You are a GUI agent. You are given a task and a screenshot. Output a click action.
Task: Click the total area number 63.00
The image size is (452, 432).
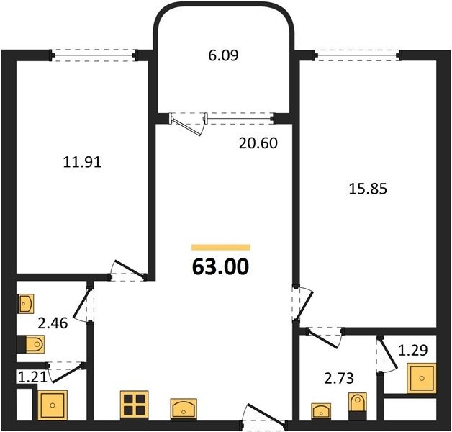click(220, 266)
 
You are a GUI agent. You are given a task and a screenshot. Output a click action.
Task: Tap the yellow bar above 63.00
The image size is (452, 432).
click(221, 247)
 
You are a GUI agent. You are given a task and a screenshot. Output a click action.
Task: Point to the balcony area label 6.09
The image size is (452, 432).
click(223, 55)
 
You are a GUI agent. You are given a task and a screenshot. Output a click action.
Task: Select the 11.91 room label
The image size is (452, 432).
click(82, 163)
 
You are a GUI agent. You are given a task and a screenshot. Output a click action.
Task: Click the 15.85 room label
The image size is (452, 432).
click(368, 189)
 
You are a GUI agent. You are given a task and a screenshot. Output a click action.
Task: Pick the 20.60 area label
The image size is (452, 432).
click(258, 143)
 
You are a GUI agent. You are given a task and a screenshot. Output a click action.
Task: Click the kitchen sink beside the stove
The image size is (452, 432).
click(184, 409)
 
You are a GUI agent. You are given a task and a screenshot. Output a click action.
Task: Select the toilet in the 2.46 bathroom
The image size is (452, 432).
click(30, 343)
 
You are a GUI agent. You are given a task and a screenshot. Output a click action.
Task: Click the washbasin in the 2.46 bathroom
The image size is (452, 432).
click(26, 303)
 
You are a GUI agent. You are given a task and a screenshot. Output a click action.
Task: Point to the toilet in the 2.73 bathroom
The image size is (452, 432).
click(358, 406)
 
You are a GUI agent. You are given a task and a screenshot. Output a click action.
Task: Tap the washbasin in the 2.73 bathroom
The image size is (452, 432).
click(321, 411)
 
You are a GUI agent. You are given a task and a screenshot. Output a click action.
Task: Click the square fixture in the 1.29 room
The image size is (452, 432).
click(422, 378)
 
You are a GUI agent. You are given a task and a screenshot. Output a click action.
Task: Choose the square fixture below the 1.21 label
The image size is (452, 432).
click(53, 405)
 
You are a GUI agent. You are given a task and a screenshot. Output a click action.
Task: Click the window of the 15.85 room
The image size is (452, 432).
click(357, 55)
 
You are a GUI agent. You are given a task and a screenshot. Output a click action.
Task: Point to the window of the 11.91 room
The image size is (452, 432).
click(94, 55)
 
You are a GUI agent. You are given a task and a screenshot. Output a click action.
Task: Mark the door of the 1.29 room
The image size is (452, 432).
click(388, 354)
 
